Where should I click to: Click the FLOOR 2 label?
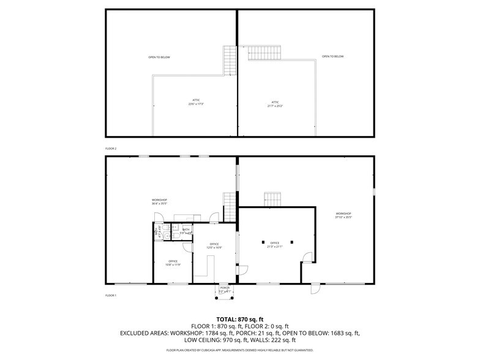coord(111,149)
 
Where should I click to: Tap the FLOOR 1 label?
coord(111,296)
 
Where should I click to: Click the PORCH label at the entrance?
coord(225,289)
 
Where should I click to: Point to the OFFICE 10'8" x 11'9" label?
coord(173,263)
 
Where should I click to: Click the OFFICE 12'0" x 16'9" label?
coord(214,246)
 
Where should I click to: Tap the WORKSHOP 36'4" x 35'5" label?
coord(160,201)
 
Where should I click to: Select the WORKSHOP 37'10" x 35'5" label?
coord(343,215)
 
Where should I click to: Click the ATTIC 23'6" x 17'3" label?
coord(196,102)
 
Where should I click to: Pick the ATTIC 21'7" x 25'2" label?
coord(276,104)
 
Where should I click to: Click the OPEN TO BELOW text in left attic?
coord(159,58)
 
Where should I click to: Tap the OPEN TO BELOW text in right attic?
coord(333,57)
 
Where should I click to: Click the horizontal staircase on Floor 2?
coord(264,51)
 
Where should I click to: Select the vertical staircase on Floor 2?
coord(230,60)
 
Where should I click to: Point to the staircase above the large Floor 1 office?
coord(272,200)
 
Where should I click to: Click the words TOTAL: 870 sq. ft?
coord(239,319)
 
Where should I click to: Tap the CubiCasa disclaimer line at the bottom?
coord(239,350)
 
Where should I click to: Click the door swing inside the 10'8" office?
coord(186,248)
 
